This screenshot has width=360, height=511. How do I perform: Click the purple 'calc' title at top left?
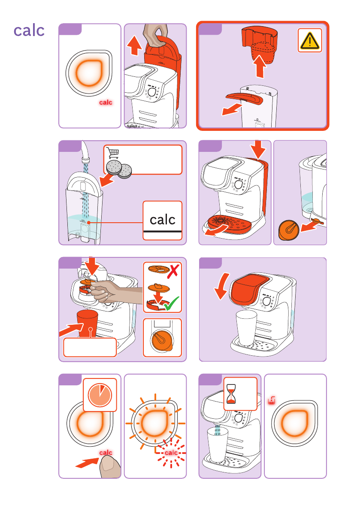pyautogui.click(x=29, y=31)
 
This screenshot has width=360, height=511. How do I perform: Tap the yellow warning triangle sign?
pyautogui.click(x=309, y=40)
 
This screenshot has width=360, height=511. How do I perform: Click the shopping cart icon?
pyautogui.click(x=113, y=153)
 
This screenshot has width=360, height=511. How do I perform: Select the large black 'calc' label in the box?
pyautogui.click(x=163, y=220)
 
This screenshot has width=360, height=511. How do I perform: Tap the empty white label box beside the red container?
pyautogui.click(x=90, y=347)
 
